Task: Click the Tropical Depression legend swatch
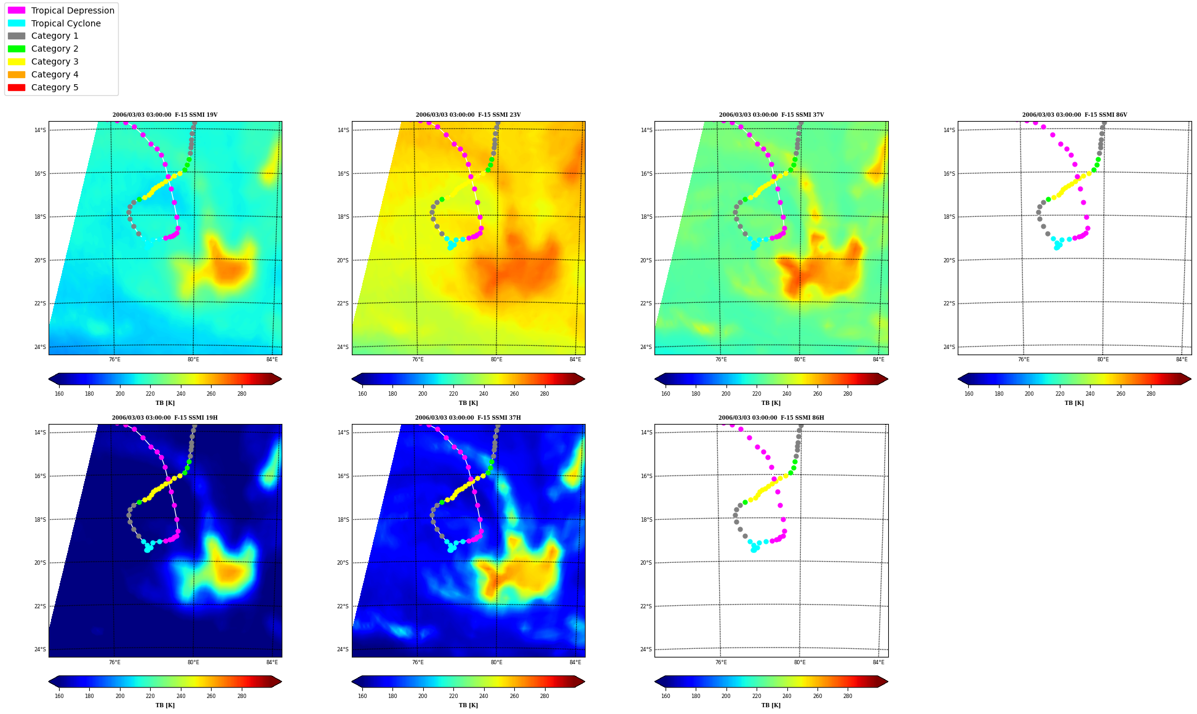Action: point(17,10)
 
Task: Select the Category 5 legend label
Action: point(55,87)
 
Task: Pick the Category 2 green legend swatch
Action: point(17,49)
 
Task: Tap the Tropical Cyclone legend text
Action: point(66,23)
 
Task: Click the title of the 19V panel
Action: point(165,115)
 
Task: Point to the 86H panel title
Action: point(771,418)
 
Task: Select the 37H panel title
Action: point(468,418)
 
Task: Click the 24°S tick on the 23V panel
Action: point(343,347)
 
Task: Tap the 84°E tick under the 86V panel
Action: point(1182,359)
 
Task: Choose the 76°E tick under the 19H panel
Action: point(114,662)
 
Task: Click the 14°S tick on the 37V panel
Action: point(646,130)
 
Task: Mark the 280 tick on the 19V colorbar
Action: point(242,394)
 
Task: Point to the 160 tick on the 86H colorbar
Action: point(666,696)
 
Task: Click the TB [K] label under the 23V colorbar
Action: point(468,403)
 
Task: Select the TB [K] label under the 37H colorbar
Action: point(468,705)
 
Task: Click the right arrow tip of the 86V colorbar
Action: point(1191,379)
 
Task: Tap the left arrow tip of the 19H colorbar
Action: point(49,681)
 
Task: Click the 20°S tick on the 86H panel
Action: point(646,563)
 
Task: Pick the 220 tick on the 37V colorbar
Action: point(757,394)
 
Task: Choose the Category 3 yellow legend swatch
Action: point(17,61)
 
